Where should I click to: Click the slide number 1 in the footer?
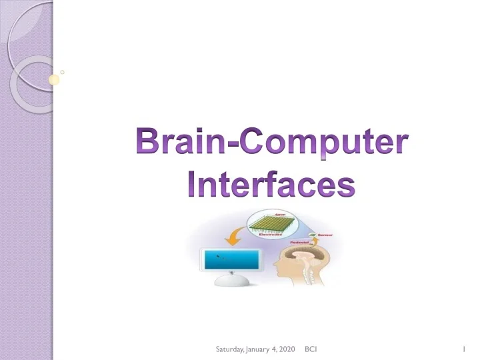tap(462, 349)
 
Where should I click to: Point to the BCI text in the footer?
tap(310, 349)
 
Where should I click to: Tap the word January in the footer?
tap(258, 349)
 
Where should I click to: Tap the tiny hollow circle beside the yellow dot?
tap(62, 70)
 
